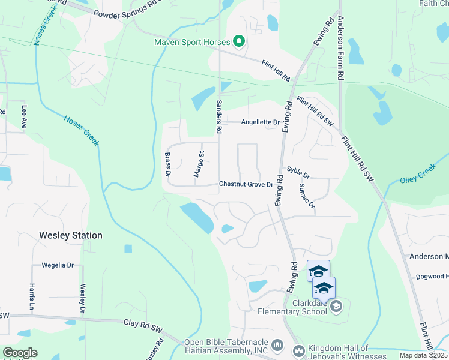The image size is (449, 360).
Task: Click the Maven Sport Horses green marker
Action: click(x=239, y=41)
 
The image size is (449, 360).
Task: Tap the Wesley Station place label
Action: click(x=71, y=236)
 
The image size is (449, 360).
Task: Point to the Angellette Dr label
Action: click(x=260, y=122)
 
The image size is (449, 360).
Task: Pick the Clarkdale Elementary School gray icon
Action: click(x=336, y=307)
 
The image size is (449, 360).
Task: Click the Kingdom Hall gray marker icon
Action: click(x=298, y=350)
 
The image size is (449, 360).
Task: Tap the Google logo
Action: click(x=19, y=353)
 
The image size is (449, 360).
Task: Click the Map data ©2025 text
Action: click(x=423, y=355)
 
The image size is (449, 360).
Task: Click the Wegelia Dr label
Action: click(x=58, y=265)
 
